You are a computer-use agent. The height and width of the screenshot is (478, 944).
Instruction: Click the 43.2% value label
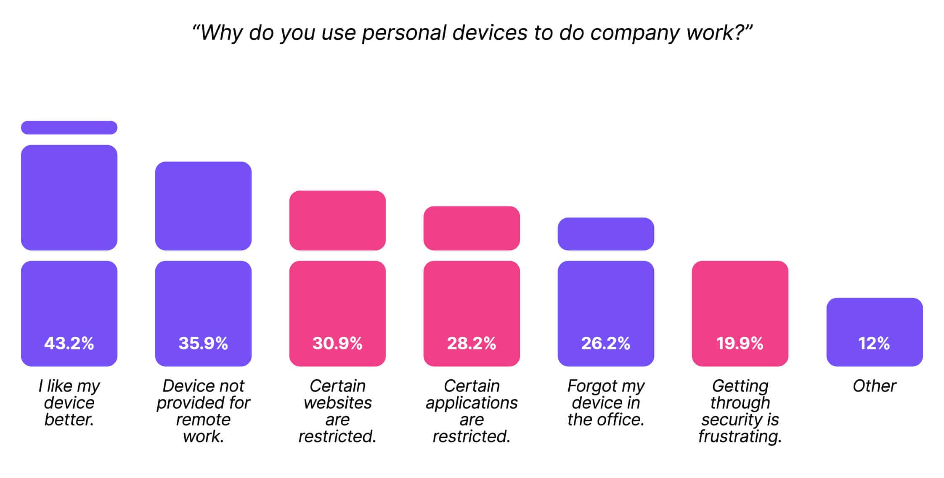[x=69, y=343]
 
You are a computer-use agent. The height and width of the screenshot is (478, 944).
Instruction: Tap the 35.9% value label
[x=203, y=343]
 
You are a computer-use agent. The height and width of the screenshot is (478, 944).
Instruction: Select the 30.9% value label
[x=337, y=343]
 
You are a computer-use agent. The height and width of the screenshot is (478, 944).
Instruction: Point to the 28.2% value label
[x=472, y=343]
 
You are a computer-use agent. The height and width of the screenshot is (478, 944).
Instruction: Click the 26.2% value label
[x=606, y=343]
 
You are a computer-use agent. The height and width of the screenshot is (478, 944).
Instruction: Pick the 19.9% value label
[x=740, y=343]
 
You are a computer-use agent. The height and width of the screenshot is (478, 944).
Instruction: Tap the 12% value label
[x=874, y=343]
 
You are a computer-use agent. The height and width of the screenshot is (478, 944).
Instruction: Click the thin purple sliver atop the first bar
[x=69, y=127]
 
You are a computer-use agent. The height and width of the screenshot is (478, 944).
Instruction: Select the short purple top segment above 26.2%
[x=606, y=234]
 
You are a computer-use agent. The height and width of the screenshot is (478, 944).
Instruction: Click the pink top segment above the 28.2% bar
[x=472, y=228]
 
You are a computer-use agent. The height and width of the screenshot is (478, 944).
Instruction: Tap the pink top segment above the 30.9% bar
[x=337, y=220]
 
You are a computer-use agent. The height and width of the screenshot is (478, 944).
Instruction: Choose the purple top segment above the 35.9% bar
[x=203, y=206]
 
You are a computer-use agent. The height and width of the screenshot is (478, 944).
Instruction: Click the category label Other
[x=874, y=386]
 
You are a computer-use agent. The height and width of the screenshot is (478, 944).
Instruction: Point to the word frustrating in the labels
[x=740, y=436]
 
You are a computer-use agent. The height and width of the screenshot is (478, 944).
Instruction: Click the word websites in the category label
[x=337, y=403]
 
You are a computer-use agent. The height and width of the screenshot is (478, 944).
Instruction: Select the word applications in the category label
[x=472, y=403]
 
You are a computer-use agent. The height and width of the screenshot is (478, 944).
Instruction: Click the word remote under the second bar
[x=203, y=420]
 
